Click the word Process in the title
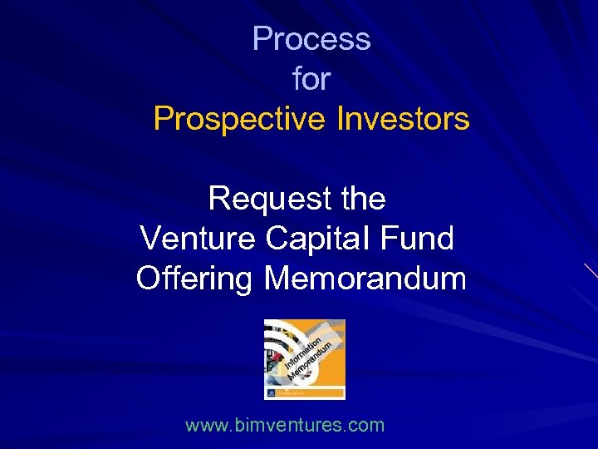(x=311, y=39)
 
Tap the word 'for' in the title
(x=311, y=80)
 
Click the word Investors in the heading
(x=403, y=120)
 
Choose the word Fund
(x=419, y=239)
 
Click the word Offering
(x=194, y=279)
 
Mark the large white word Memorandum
(x=365, y=279)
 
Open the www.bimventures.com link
(x=285, y=426)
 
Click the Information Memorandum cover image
(x=304, y=359)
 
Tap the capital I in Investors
(x=340, y=120)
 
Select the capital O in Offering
(x=147, y=279)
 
